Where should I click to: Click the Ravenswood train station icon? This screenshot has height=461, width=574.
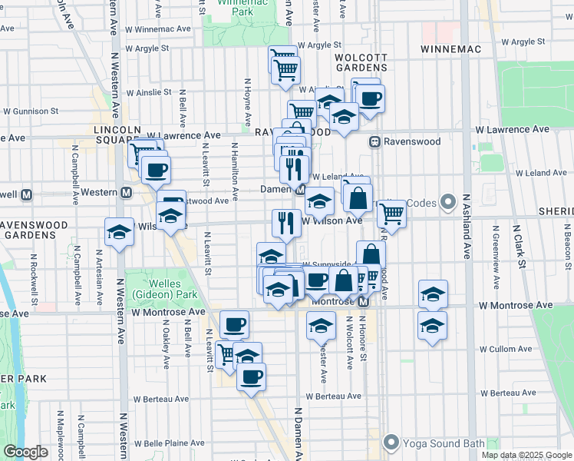click(x=375, y=141)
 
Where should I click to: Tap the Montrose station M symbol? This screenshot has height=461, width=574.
click(x=364, y=302)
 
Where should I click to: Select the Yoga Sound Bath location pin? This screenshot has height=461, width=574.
click(x=391, y=442)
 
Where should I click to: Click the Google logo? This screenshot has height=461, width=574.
click(x=25, y=452)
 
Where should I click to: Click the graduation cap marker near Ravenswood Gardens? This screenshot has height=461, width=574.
click(x=119, y=232)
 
